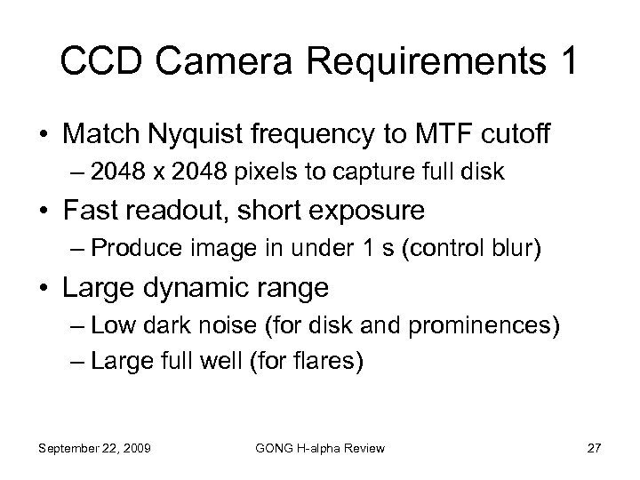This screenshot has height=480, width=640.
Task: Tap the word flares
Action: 327,363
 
